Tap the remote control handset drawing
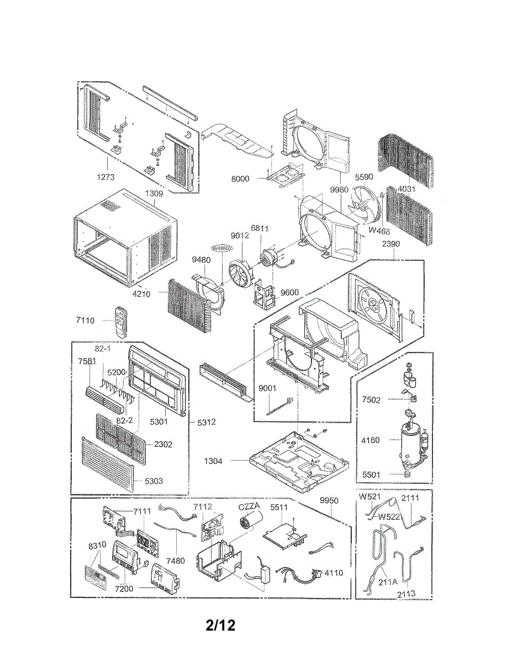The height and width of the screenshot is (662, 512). (x=120, y=322)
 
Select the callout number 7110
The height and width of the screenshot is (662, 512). (x=86, y=320)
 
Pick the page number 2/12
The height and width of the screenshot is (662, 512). (x=220, y=626)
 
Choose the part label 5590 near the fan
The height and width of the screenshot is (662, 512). (x=363, y=178)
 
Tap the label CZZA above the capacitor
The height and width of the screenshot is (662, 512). (x=249, y=507)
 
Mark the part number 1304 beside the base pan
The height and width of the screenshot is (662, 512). (x=213, y=461)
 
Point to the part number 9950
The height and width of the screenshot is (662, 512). (x=329, y=500)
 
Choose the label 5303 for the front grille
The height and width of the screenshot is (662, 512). (x=154, y=481)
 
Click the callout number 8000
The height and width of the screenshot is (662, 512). (x=240, y=179)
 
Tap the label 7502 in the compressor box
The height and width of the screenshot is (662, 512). (x=371, y=400)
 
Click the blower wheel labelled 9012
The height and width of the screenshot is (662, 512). (x=241, y=269)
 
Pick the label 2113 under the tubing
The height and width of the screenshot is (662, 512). (x=406, y=594)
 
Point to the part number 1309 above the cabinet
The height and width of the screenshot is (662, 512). (x=154, y=194)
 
